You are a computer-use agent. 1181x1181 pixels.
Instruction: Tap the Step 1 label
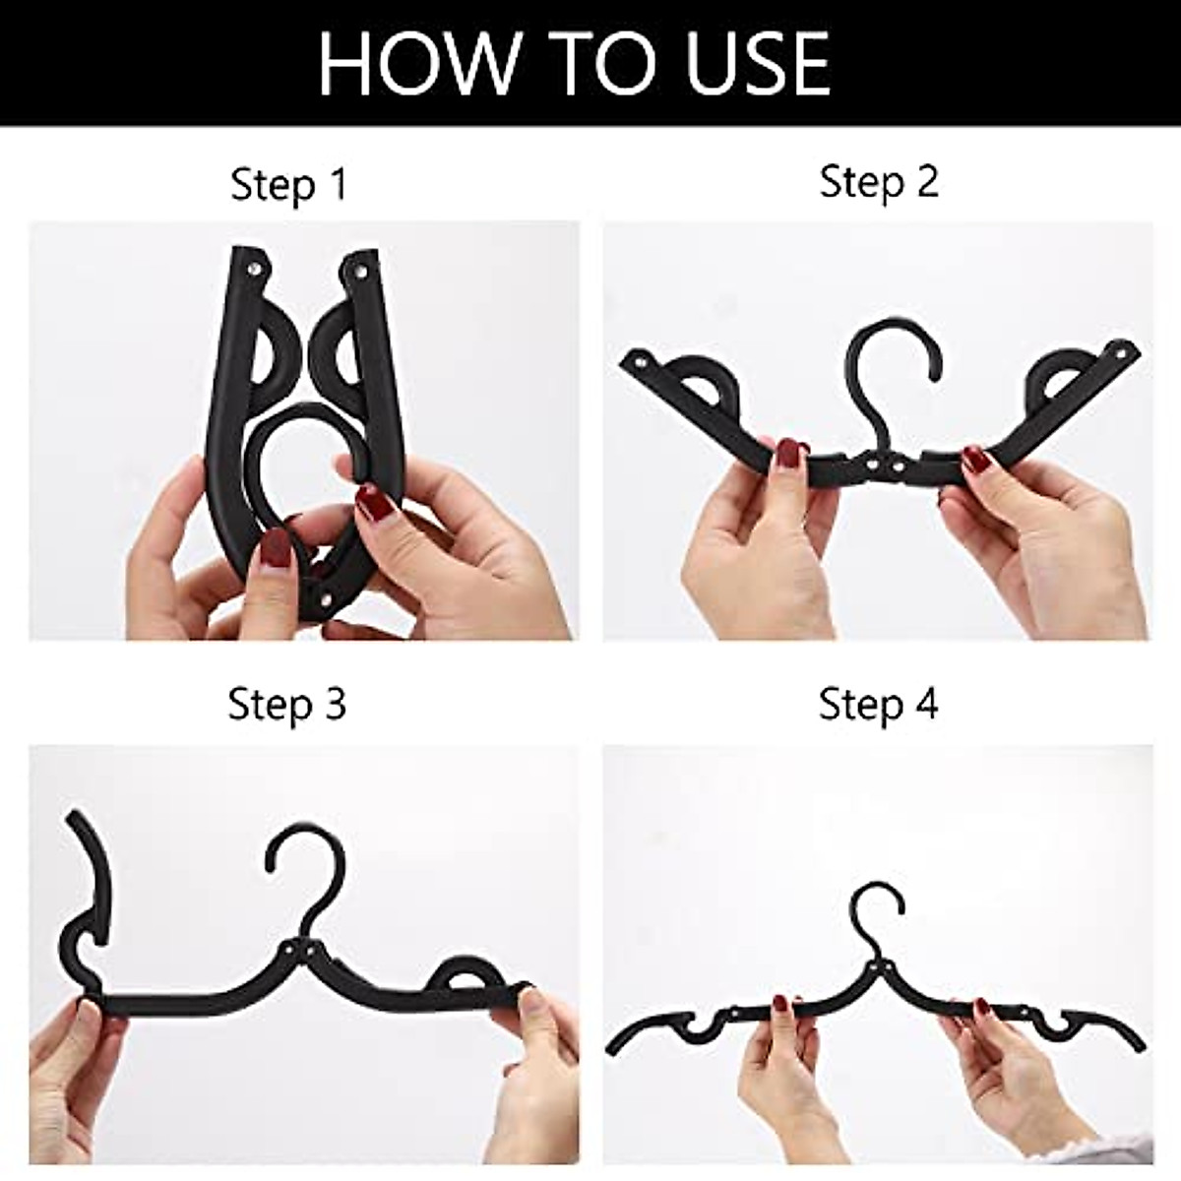(x=289, y=184)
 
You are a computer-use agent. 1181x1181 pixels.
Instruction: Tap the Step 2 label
(x=879, y=182)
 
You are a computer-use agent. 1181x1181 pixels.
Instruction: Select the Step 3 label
(x=286, y=705)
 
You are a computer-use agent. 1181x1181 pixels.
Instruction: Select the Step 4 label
(x=879, y=705)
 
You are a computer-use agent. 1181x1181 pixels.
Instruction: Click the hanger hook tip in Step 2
(x=929, y=374)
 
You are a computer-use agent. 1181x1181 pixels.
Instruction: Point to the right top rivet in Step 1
(x=359, y=267)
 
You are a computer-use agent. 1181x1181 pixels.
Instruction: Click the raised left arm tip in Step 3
(x=74, y=819)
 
